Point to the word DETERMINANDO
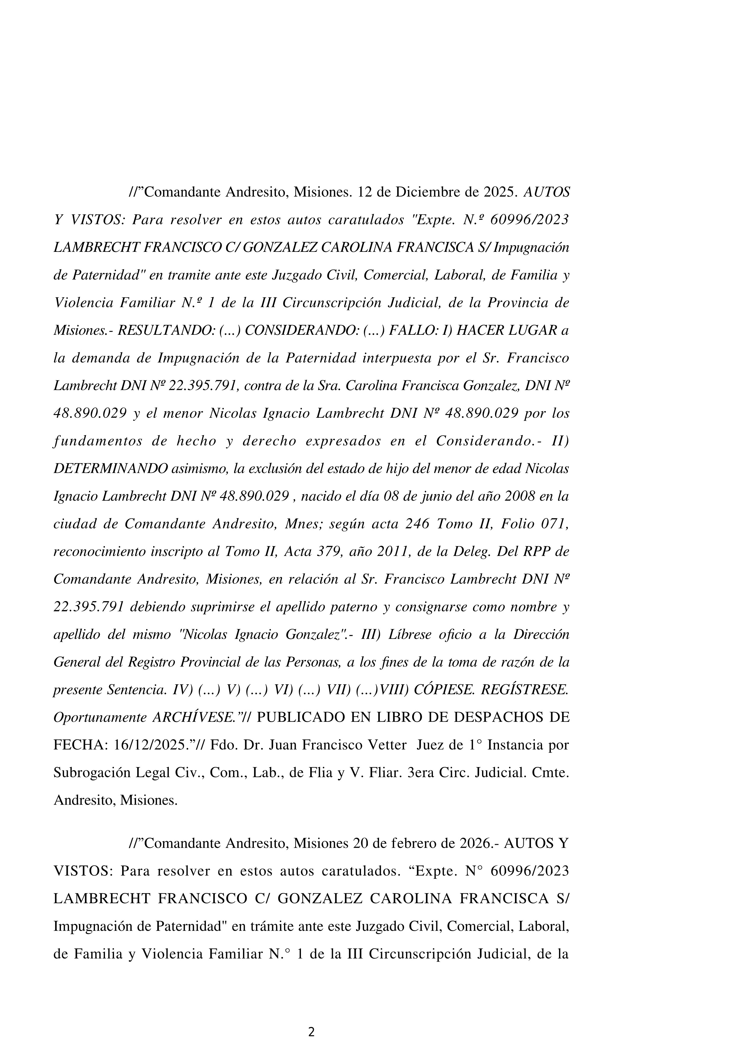pyautogui.click(x=111, y=469)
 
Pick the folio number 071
pyautogui.click(x=554, y=524)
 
